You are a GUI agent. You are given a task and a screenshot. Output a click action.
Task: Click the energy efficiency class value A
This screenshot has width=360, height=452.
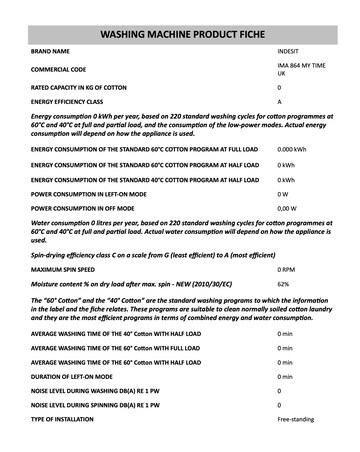280,103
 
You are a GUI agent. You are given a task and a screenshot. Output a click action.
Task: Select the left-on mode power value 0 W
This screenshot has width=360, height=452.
283,192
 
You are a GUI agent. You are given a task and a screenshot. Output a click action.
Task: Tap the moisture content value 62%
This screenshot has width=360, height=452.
283,285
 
